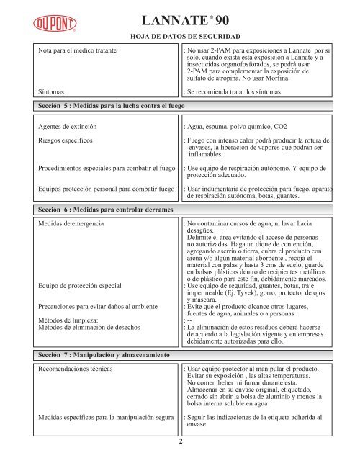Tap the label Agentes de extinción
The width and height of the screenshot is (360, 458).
point(71,126)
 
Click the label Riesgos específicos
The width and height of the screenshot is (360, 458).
point(68,140)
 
